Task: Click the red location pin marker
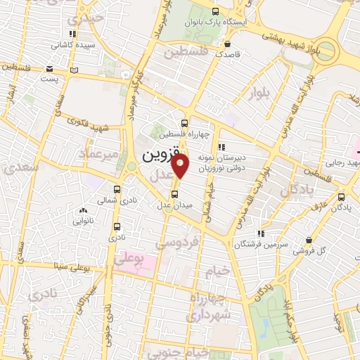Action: pyautogui.click(x=181, y=167)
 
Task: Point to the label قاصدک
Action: pyautogui.click(x=228, y=53)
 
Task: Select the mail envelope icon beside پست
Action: pyautogui.click(x=49, y=68)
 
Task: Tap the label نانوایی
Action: pyautogui.click(x=82, y=221)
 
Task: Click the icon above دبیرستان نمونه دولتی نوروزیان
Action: pyautogui.click(x=221, y=147)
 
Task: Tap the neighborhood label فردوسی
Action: pyautogui.click(x=172, y=243)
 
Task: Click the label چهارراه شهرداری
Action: pyautogui.click(x=210, y=308)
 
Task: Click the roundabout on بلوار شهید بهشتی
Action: pyautogui.click(x=329, y=51)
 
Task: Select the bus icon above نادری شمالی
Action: pyautogui.click(x=116, y=189)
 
